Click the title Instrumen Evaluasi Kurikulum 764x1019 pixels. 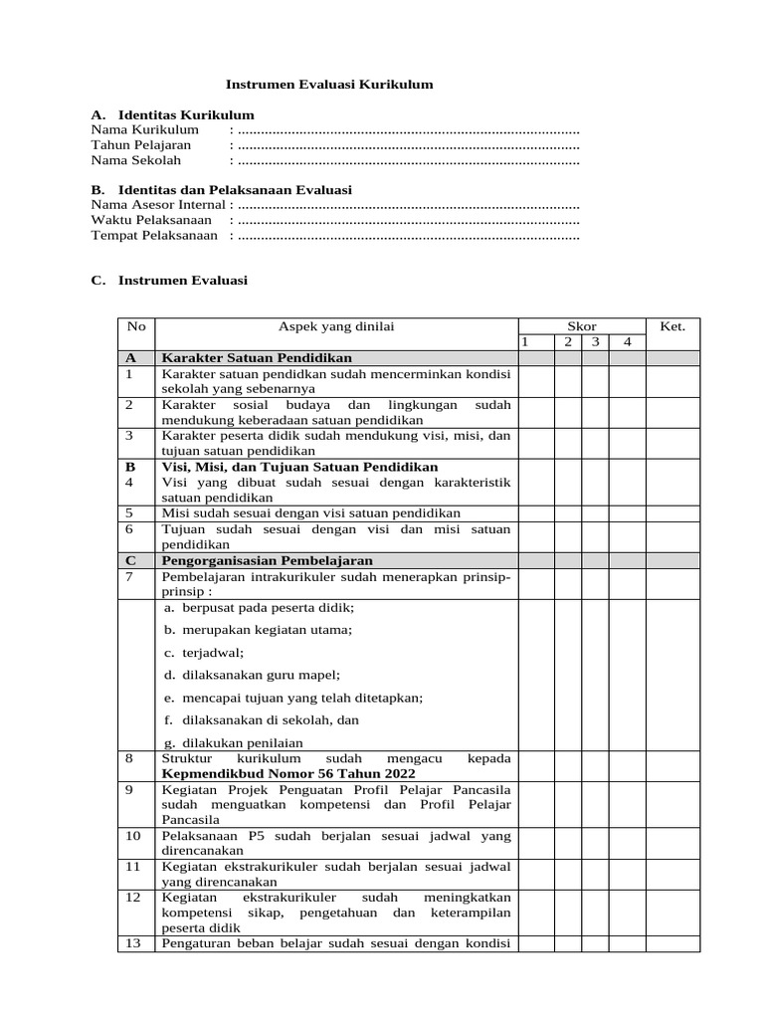329,86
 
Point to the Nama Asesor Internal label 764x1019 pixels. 158,204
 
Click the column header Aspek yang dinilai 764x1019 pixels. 335,326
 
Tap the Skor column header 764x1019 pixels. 581,326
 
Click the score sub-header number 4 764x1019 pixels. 627,342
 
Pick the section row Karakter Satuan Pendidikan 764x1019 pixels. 257,358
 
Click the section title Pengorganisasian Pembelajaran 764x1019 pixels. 267,560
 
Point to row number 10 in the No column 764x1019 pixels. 133,835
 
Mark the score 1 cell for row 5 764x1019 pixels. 535,512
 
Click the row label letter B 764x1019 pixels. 130,466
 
